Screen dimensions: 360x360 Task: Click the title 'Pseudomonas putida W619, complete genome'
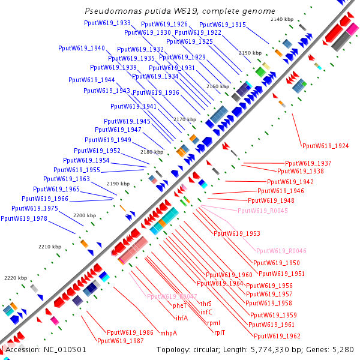[x=180, y=11]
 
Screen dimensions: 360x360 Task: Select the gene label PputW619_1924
[x=326, y=146]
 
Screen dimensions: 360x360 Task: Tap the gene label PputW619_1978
[x=24, y=218]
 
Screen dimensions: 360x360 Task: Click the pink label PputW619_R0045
[x=262, y=211]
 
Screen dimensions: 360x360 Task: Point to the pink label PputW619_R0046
[x=281, y=251]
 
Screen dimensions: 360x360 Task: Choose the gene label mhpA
[x=169, y=333]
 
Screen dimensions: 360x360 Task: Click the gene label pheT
[x=180, y=305]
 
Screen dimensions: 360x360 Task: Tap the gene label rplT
[x=220, y=332]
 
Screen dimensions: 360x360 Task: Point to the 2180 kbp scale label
[x=151, y=152]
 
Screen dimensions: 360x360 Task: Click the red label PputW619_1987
[x=120, y=340]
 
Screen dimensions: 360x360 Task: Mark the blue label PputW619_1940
[x=82, y=48]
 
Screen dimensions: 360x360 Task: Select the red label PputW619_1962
[x=277, y=336]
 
